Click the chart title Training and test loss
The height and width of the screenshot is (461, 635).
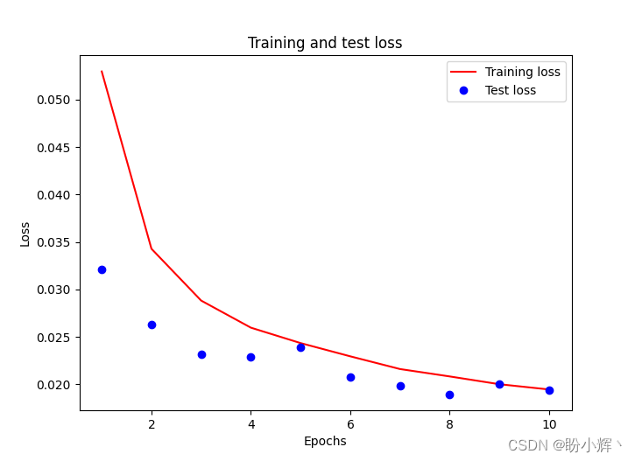325,43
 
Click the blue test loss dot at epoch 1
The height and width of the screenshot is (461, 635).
102,269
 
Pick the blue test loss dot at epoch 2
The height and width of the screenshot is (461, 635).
152,325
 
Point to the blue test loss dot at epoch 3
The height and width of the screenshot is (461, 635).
201,354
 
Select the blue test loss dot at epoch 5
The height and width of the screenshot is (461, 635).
300,347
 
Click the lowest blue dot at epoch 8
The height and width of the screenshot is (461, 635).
449,395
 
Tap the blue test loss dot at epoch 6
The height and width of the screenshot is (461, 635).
350,377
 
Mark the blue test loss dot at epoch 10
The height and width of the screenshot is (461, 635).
549,390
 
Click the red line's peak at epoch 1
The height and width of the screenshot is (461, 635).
102,72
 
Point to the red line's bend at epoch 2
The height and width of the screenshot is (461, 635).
152,249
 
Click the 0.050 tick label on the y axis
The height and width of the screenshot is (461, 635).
53,100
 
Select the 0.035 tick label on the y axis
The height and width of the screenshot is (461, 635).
53,242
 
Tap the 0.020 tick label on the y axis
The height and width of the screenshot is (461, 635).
53,385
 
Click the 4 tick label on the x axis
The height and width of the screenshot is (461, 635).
250,424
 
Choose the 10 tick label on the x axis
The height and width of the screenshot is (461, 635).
549,424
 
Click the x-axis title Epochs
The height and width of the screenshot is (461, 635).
325,441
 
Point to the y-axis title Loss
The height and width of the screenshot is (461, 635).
25,234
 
